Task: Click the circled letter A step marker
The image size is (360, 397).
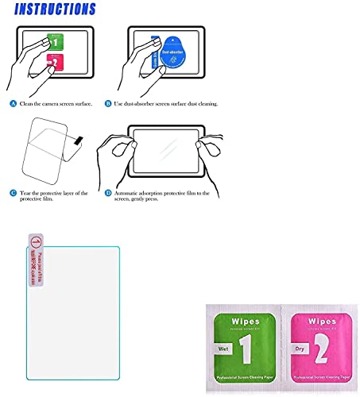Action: pos(13,103)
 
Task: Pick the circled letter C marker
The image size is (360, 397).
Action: pos(13,191)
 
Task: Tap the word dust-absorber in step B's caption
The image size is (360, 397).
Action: pos(165,103)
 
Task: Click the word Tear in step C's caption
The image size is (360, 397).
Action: pos(26,191)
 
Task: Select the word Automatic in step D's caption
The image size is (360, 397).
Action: pos(154,191)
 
